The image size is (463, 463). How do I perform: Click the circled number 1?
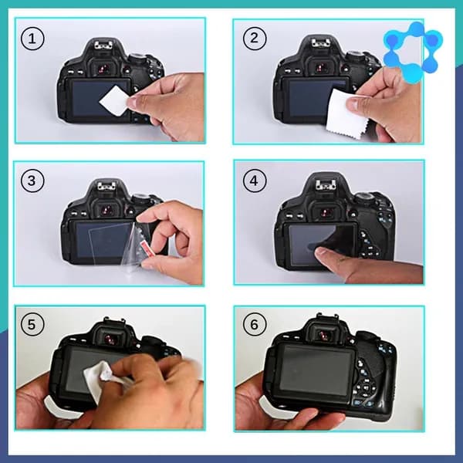click(x=32, y=39)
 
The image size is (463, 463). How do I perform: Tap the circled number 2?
click(x=255, y=38)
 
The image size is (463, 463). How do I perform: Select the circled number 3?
click(x=32, y=181)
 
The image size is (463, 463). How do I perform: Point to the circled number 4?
click(x=255, y=181)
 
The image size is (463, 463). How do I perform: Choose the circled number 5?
click(x=32, y=324)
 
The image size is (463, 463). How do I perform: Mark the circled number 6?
click(x=255, y=324)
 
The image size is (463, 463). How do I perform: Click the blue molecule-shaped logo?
click(x=413, y=52)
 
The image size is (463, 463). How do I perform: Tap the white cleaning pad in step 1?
click(x=115, y=100)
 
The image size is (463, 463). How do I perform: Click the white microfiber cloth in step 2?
click(x=344, y=114)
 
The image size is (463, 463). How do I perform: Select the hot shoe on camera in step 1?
click(x=103, y=46)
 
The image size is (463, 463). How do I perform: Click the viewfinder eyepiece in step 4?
click(x=326, y=211)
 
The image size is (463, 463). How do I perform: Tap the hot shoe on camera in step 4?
click(x=326, y=185)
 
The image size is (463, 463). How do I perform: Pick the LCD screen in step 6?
click(x=317, y=370)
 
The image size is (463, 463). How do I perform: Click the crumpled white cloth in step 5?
click(x=100, y=378)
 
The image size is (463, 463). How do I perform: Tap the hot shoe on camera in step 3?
click(x=106, y=186)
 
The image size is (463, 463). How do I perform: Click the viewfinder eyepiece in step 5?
click(x=111, y=339)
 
